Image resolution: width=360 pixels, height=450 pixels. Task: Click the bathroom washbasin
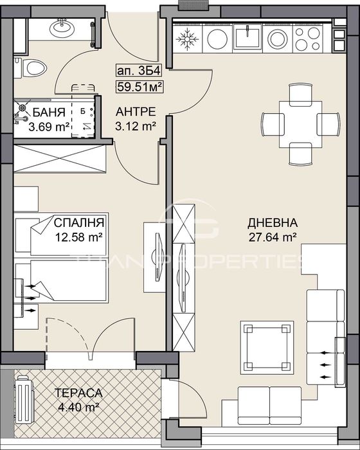(x=62, y=28)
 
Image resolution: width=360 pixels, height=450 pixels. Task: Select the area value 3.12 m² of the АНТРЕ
(x=135, y=127)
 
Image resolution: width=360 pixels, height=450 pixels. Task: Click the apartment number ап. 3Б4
(x=135, y=72)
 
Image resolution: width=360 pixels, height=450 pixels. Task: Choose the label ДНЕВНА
(x=273, y=223)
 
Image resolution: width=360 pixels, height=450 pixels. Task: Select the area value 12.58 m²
(x=79, y=237)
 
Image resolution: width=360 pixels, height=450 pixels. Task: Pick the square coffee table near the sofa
(x=265, y=345)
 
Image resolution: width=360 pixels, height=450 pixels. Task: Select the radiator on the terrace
(x=24, y=399)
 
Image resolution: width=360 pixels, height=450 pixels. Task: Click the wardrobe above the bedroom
(x=60, y=157)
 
